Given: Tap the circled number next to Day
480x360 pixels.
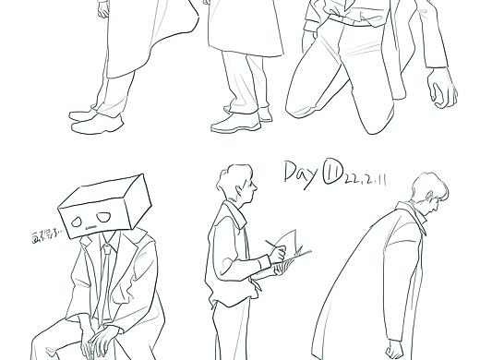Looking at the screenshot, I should point(332,173).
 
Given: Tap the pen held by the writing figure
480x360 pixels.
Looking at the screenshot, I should point(273,248).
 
